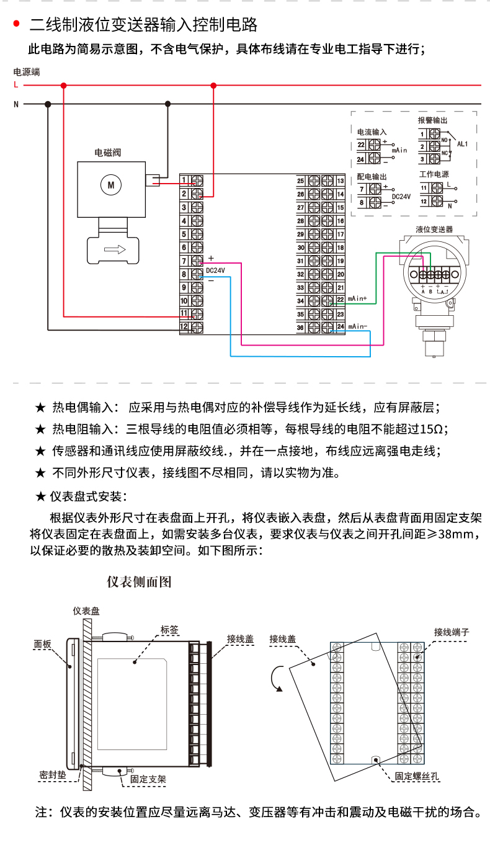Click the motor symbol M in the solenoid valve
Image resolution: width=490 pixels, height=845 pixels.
coord(112,184)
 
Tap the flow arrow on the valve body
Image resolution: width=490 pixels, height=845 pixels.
coord(114,249)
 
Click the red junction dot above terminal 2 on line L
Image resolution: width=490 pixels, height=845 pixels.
coord(213,85)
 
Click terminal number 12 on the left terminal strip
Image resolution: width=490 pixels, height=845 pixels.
coord(184,326)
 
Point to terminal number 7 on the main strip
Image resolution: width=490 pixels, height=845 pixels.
coord(184,261)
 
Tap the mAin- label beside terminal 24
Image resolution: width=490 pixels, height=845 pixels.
coord(357,326)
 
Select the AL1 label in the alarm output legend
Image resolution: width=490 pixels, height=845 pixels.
coord(462,144)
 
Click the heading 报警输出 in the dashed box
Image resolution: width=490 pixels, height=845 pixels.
coord(432,120)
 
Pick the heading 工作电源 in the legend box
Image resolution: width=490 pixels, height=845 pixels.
coord(434,175)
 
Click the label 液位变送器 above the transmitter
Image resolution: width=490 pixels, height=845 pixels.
coord(434,229)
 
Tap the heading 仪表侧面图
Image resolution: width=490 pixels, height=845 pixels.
coord(139,582)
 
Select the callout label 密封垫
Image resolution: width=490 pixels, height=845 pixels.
coord(51,775)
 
